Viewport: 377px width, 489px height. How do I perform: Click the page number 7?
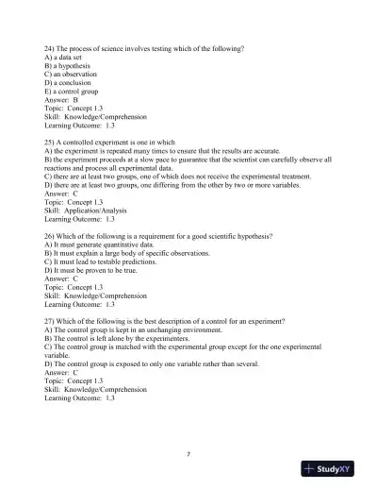pos(188,454)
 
